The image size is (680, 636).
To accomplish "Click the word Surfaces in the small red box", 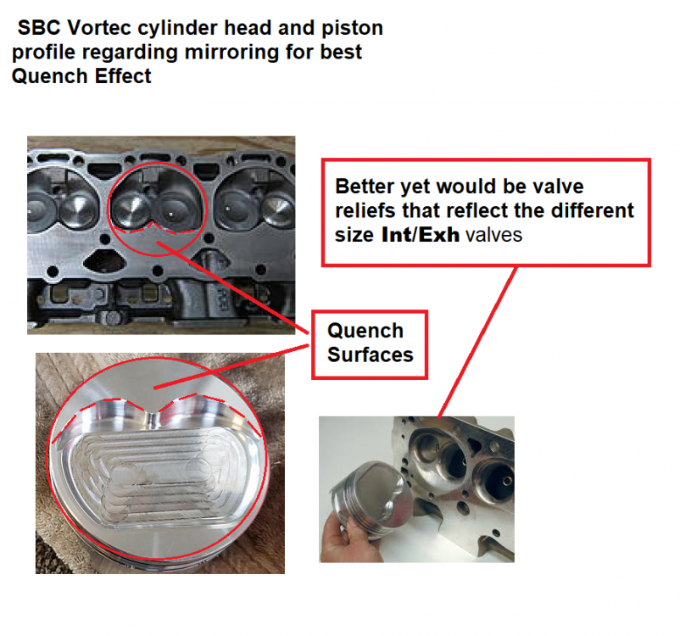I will pyautogui.click(x=371, y=354).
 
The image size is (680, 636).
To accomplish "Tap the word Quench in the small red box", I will pyautogui.click(x=365, y=331).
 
